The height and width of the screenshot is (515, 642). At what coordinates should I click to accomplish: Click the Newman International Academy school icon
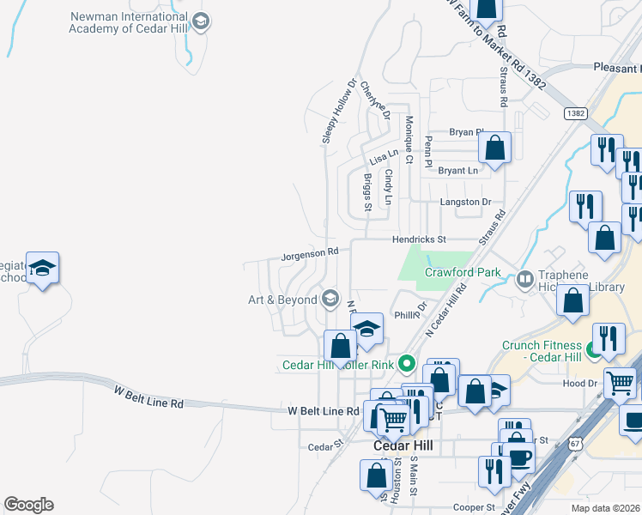[201, 21]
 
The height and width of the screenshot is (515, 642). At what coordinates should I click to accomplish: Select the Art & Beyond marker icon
[329, 299]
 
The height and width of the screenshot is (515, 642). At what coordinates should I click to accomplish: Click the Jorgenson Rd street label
[310, 253]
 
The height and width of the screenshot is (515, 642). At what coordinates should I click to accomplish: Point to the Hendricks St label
[421, 239]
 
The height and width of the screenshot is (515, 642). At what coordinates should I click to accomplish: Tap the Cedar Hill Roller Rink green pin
[409, 365]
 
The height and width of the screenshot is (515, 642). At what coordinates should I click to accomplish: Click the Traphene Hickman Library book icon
[524, 279]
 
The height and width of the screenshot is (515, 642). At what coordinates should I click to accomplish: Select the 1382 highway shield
[575, 113]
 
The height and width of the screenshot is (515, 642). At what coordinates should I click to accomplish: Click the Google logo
[27, 505]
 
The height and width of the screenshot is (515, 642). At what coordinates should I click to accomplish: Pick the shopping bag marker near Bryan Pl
[495, 148]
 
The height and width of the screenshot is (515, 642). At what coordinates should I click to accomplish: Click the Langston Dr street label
[464, 202]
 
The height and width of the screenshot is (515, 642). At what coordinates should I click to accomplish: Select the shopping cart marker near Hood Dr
[620, 383]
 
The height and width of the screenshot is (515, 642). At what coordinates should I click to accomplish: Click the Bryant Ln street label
[457, 171]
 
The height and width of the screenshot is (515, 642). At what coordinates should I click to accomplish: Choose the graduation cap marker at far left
[42, 269]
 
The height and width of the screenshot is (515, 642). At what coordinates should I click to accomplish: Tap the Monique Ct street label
[409, 139]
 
